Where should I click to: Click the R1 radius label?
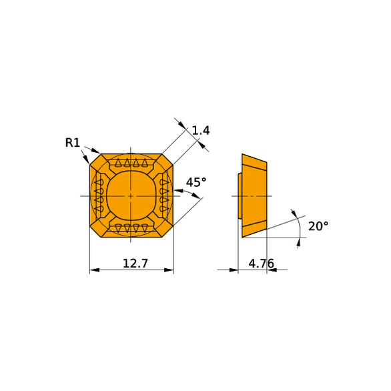72,143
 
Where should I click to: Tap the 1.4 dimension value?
201,130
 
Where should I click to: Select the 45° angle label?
196,182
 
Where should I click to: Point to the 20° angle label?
318,226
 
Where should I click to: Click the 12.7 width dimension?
135,264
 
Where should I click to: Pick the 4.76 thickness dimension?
261,264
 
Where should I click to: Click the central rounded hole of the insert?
131,196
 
